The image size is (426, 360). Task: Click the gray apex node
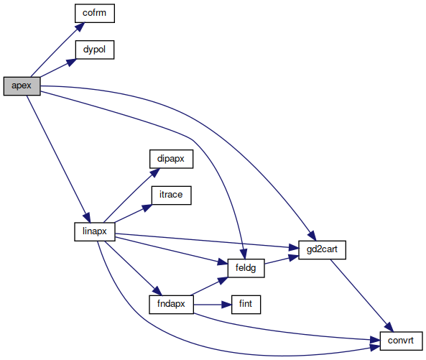(x=22, y=86)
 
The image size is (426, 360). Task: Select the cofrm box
(x=95, y=14)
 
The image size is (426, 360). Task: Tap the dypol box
(x=95, y=50)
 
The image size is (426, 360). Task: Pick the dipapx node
(x=171, y=159)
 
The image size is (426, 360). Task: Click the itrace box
(x=171, y=195)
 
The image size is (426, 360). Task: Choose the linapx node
(x=95, y=232)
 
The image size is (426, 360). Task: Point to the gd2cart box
(x=322, y=250)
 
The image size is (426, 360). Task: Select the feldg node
(x=246, y=268)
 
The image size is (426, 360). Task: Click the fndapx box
(x=171, y=305)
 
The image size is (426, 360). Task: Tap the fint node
(x=246, y=305)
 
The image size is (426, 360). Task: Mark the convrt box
(x=401, y=341)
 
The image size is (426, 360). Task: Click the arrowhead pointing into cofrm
(x=80, y=27)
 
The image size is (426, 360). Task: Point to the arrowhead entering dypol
(x=72, y=63)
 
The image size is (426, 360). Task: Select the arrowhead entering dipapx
(x=155, y=172)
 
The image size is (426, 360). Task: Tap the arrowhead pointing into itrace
(x=147, y=208)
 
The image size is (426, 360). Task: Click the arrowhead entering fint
(x=226, y=305)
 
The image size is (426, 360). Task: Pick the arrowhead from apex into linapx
(x=87, y=218)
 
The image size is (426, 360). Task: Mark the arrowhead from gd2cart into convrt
(x=389, y=327)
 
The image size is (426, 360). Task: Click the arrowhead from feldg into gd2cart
(x=293, y=257)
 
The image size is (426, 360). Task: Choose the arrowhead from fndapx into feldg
(x=223, y=281)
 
